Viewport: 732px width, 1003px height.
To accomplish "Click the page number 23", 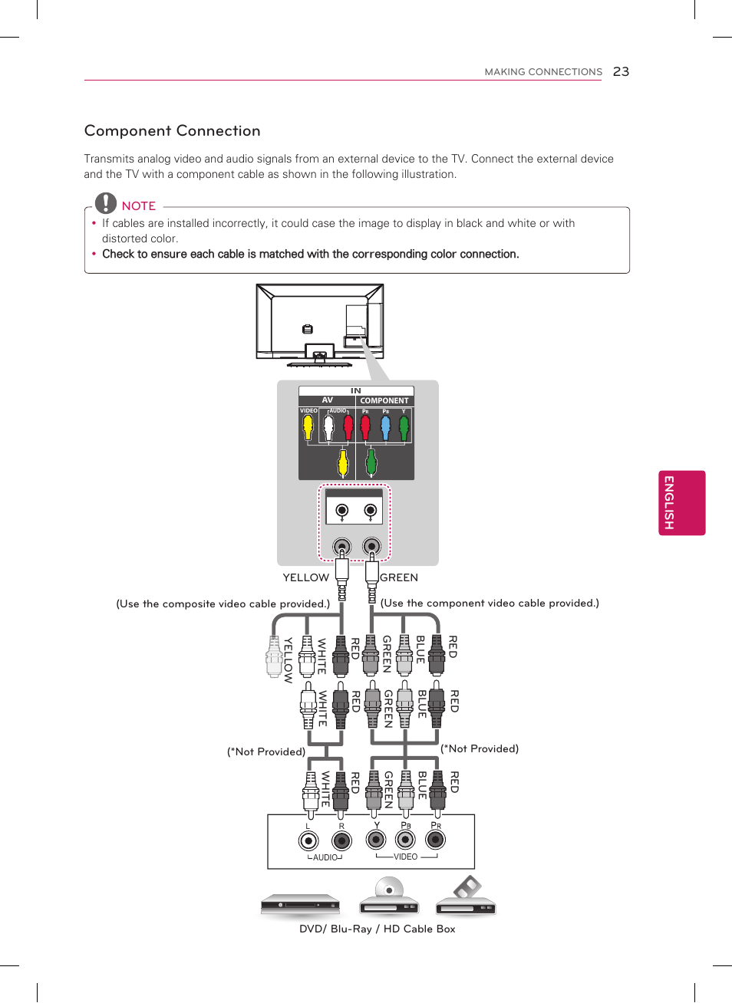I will pos(621,71).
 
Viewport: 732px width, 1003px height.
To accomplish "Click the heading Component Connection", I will pos(172,130).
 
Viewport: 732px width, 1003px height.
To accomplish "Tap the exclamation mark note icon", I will pos(105,203).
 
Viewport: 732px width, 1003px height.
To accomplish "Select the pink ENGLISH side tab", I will pos(681,502).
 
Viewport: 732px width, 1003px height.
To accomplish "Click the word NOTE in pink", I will pos(139,206).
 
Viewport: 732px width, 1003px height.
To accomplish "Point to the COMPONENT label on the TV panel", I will pos(384,400).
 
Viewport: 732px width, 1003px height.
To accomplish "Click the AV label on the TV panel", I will pos(328,400).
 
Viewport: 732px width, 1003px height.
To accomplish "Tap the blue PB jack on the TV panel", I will pos(385,427).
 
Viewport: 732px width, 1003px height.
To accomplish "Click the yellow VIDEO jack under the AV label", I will pos(308,427).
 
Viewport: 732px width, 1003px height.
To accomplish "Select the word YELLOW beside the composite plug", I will pos(305,577).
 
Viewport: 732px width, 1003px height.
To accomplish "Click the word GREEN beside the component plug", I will pos(399,577).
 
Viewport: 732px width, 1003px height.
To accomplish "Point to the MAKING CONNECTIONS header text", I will pos(543,71).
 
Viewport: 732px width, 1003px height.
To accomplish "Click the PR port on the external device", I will pos(435,840).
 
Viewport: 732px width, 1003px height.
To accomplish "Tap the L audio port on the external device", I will pos(308,840).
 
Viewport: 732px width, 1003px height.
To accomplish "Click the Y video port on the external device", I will pos(376,840).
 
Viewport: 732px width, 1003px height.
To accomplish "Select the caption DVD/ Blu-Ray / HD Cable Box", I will pos(377,929).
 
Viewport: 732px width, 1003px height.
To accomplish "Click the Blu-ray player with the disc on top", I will pos(389,899).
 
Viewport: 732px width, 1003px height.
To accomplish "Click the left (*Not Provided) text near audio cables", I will pos(265,751).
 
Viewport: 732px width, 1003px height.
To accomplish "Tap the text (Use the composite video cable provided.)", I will pos(223,603).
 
